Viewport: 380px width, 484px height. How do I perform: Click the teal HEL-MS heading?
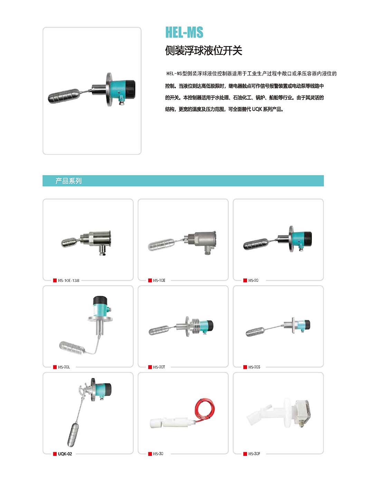tap(184, 32)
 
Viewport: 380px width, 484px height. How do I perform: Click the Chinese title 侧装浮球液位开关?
tap(203, 50)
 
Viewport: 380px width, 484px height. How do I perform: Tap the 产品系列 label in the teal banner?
tap(68, 181)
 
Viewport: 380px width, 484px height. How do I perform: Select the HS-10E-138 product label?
tap(68, 281)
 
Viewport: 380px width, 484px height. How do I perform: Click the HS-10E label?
tap(159, 281)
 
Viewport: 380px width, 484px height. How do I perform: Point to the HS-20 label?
tap(253, 281)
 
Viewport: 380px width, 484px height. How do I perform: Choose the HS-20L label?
tap(64, 367)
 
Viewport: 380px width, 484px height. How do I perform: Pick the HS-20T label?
tap(159, 367)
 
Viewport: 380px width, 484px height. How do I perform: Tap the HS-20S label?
tap(254, 367)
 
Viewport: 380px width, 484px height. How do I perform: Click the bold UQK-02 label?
tap(65, 454)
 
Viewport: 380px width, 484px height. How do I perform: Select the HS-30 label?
tap(158, 454)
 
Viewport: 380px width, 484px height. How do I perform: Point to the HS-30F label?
tap(254, 454)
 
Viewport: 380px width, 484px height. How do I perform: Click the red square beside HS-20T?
tap(150, 367)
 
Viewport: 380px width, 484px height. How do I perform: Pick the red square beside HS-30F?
tap(245, 454)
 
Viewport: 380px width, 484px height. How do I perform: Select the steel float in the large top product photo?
tap(64, 95)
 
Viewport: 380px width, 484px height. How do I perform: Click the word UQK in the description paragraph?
tap(257, 109)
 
